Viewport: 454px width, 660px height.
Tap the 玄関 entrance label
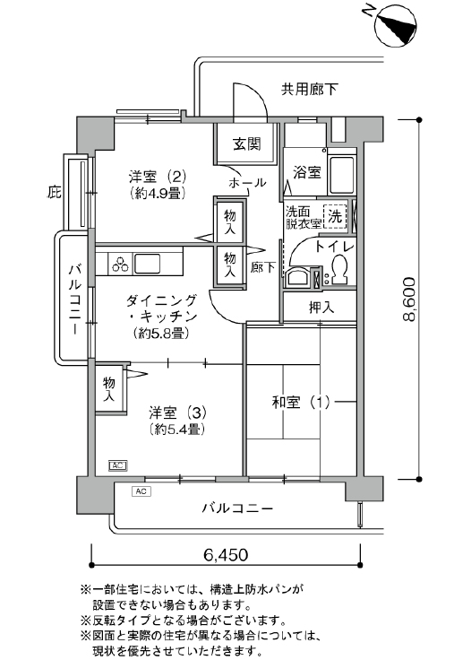[x=247, y=144]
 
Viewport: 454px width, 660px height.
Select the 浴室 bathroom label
[x=307, y=172]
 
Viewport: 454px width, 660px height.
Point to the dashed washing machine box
[x=335, y=216]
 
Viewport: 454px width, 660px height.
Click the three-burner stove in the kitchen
[x=121, y=265]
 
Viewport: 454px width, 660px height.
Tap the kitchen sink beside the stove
[x=147, y=264]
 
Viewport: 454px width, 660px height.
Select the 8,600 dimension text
[x=409, y=299]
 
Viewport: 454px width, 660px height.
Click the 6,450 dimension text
[x=226, y=555]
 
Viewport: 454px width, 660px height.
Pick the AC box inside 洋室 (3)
[x=117, y=465]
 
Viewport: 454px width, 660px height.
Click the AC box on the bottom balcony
[x=141, y=491]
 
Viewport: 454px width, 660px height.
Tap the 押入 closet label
[x=321, y=308]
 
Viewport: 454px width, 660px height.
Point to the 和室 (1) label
[x=301, y=403]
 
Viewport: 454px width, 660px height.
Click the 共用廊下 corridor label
[x=310, y=90]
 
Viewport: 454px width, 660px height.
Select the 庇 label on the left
[x=54, y=193]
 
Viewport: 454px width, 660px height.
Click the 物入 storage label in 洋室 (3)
[x=109, y=389]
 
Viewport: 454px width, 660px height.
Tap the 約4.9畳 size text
[x=158, y=194]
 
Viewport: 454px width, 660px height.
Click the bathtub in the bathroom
[x=341, y=173]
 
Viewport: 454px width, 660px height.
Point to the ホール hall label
[x=247, y=183]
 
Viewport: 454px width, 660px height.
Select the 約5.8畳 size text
[x=161, y=334]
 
